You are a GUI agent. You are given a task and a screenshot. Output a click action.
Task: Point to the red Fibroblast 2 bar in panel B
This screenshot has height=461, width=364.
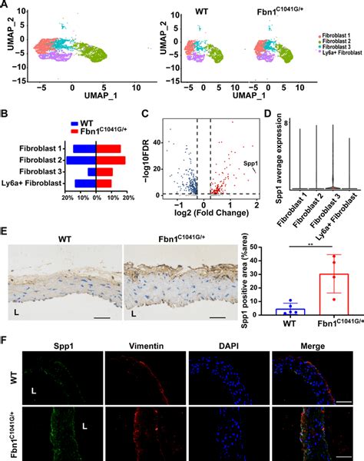[x=111, y=160]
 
